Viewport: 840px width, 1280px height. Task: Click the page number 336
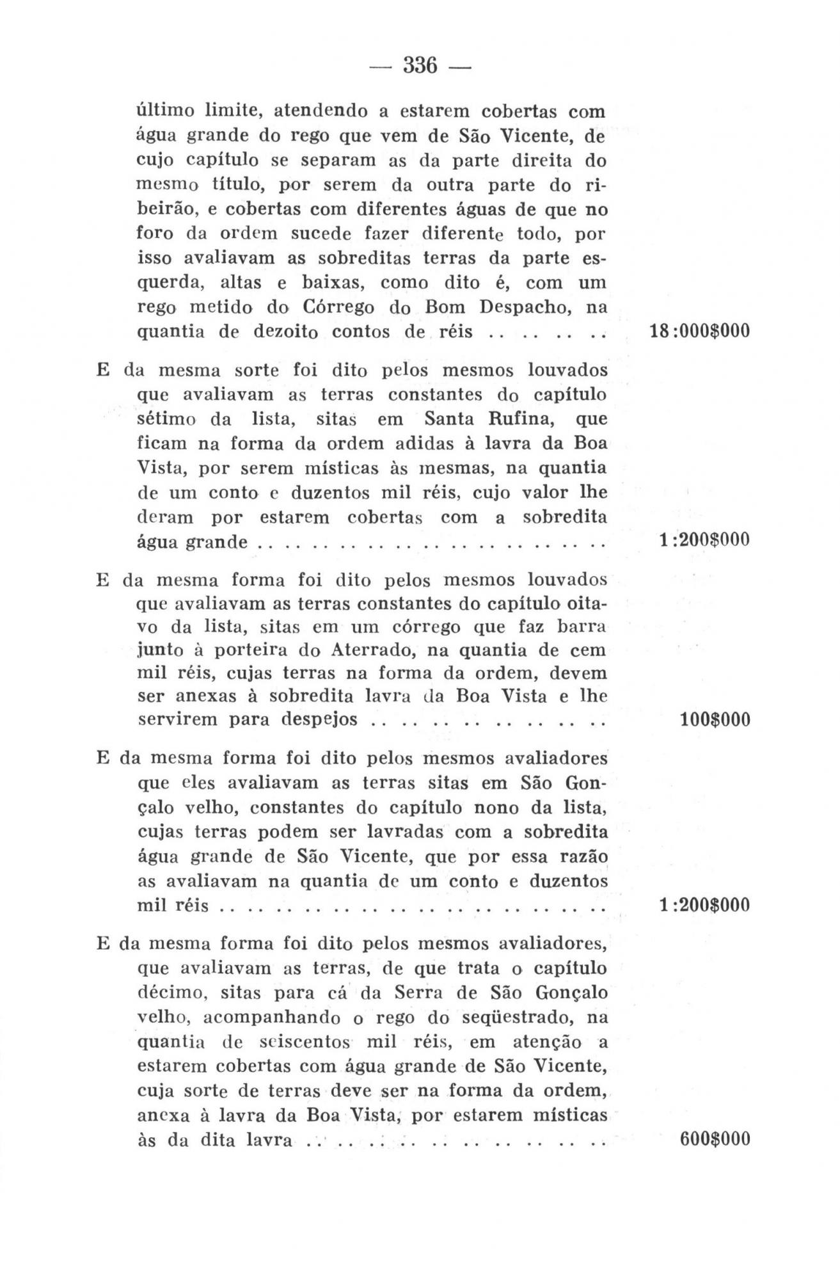420,65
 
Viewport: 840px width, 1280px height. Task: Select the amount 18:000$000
699,332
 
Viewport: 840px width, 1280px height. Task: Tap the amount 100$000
715,720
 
